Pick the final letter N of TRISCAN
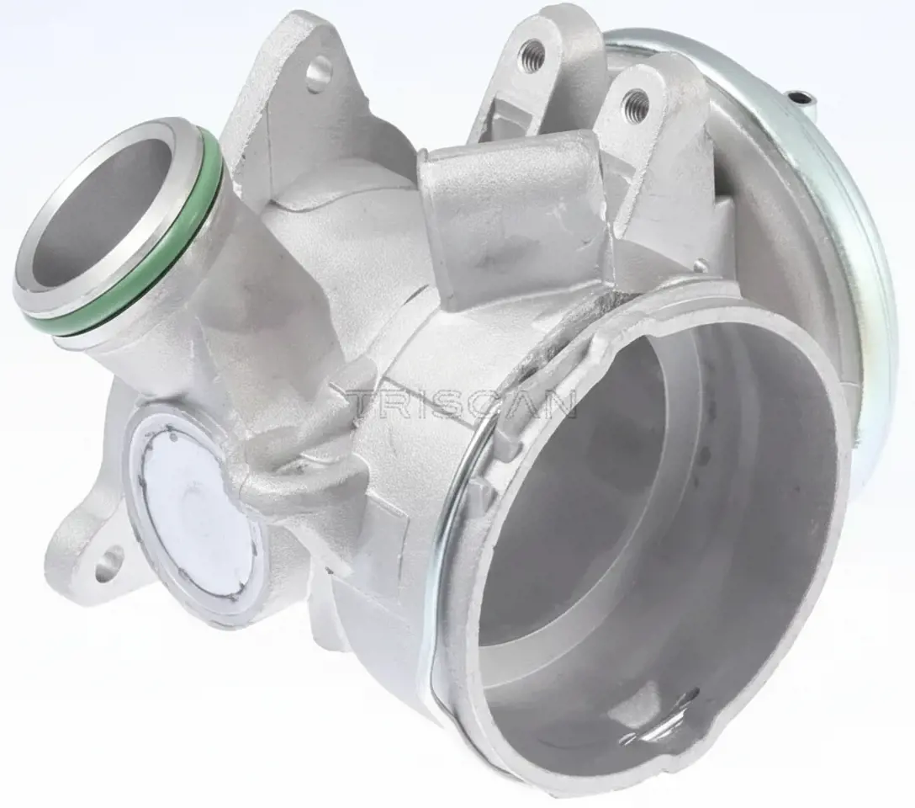(x=559, y=402)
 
